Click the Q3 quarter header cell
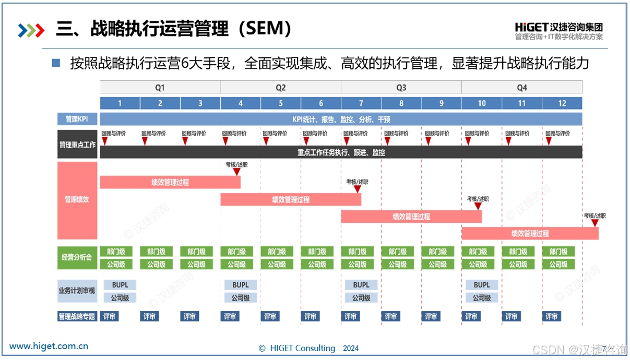[x=401, y=87]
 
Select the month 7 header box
[x=361, y=103]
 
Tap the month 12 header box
[x=562, y=103]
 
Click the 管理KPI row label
[x=77, y=119]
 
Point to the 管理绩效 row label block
[x=77, y=199]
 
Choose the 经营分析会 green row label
[x=77, y=258]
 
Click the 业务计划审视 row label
[x=77, y=291]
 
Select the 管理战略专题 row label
[x=77, y=316]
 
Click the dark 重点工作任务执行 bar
[x=341, y=152]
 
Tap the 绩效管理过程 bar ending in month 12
[x=530, y=233]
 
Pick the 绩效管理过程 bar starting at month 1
[x=170, y=182]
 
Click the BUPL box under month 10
[x=482, y=285]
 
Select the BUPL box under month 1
[x=120, y=285]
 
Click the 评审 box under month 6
[x=311, y=316]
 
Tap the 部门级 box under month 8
[x=398, y=251]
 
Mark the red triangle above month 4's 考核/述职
[x=237, y=172]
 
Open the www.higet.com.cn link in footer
[x=49, y=346]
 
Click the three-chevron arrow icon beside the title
[x=31, y=30]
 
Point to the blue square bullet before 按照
[x=56, y=63]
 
